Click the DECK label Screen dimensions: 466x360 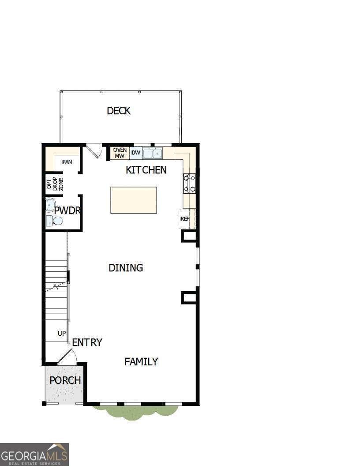coord(119,111)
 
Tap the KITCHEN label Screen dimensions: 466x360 coord(146,170)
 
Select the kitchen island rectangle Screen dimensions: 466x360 coord(134,200)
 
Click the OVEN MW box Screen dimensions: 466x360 coord(120,153)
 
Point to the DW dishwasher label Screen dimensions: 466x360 coord(136,153)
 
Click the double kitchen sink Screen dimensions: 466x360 coord(152,154)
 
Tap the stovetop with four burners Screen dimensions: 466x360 coord(190,184)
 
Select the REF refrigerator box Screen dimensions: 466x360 coord(185,219)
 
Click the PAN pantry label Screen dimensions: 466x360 coord(67,162)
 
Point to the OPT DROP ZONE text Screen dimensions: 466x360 coord(55,184)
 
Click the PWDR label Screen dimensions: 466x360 coord(67,210)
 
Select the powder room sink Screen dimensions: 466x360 coord(50,205)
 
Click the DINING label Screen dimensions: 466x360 coord(126,268)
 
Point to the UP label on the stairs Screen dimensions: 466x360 coord(62,334)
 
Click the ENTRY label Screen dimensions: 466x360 coord(87,342)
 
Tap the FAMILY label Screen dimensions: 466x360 coord(141,362)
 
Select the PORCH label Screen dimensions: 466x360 coord(65,380)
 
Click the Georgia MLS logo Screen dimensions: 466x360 coord(34,454)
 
